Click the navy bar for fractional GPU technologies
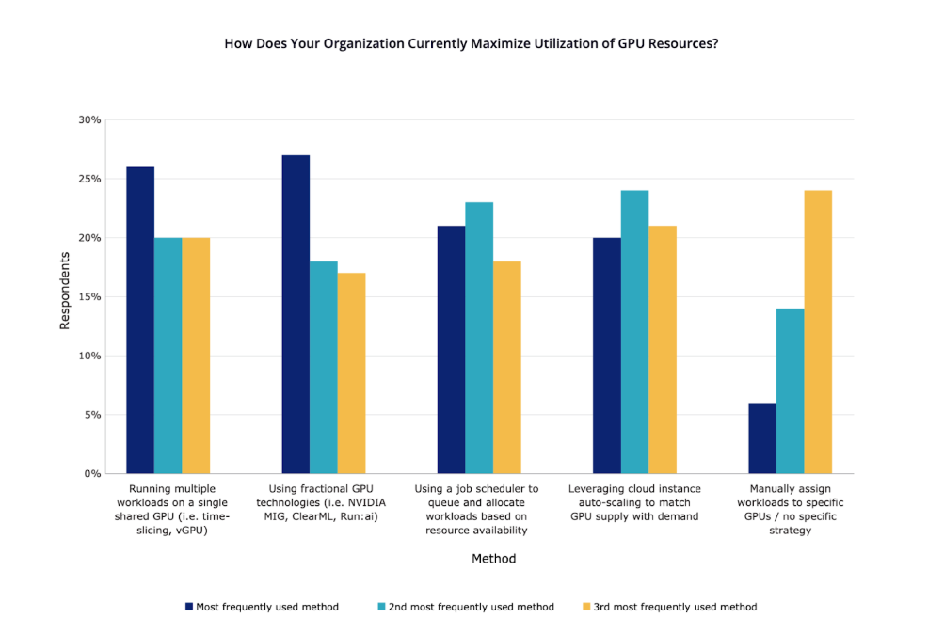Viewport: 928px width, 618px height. (296, 314)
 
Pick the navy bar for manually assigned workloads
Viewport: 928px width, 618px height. (762, 438)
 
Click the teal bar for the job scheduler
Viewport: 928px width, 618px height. (479, 338)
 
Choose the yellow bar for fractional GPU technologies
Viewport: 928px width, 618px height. (352, 373)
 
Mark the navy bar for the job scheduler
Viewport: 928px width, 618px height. (451, 350)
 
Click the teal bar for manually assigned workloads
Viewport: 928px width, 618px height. (790, 391)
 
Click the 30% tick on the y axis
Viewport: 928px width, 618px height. (89, 120)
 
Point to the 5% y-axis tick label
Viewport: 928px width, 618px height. (92, 415)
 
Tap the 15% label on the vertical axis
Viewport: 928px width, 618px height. (89, 297)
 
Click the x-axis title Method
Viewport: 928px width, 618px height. (493, 559)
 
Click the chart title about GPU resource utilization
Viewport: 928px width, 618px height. (471, 44)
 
